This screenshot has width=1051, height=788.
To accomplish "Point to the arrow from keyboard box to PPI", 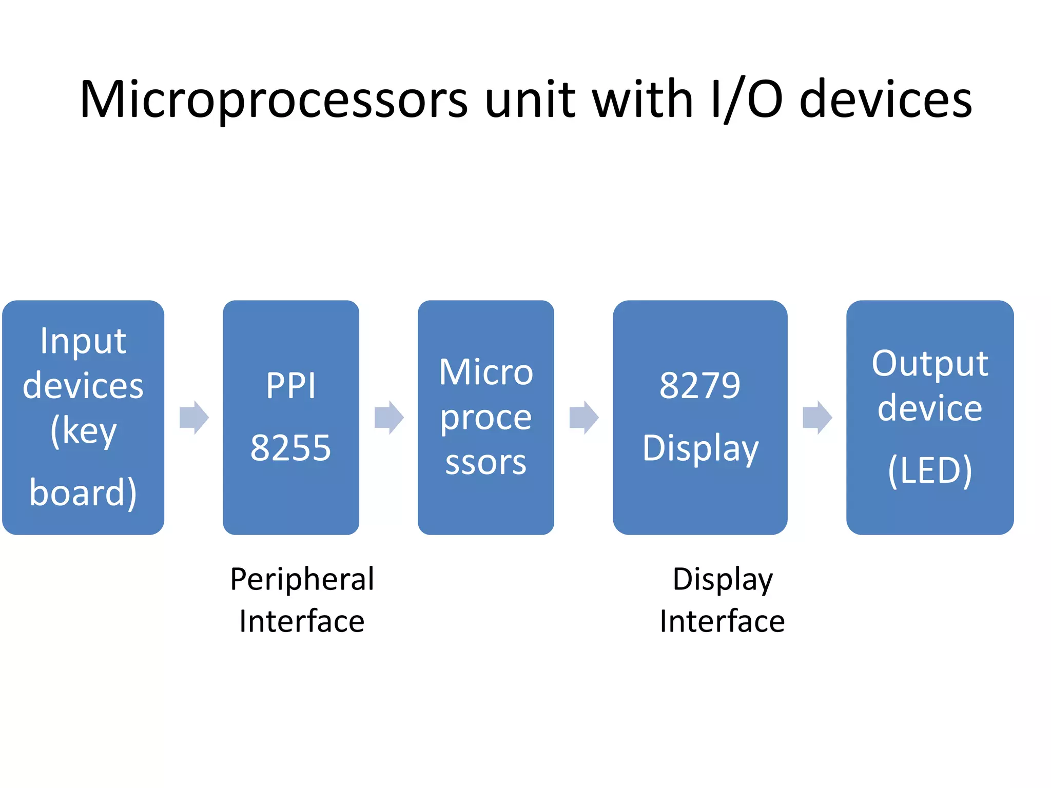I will pos(194,418).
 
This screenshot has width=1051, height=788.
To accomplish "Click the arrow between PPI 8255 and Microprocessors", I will pos(389,418).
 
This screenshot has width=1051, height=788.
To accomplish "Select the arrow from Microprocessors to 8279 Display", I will pos(584,418).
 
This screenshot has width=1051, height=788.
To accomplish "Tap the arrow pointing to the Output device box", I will pos(817,418).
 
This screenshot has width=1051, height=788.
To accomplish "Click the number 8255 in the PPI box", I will pos(290,447).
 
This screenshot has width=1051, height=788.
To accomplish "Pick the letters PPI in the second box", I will pos(290,386).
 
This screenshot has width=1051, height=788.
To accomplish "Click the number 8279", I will pos(700,386).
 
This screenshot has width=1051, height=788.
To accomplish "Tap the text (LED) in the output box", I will pos(930,470).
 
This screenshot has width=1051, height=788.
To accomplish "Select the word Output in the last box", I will pos(930,363).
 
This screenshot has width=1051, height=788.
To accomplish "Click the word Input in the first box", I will pos(83,341).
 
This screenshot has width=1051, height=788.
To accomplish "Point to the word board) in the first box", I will pos(83,493).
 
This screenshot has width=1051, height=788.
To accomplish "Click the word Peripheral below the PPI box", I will pos(302,580).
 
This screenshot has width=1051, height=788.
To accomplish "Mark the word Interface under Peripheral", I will pos(302,621).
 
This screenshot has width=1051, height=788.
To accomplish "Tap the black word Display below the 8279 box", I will pos(723,580).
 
